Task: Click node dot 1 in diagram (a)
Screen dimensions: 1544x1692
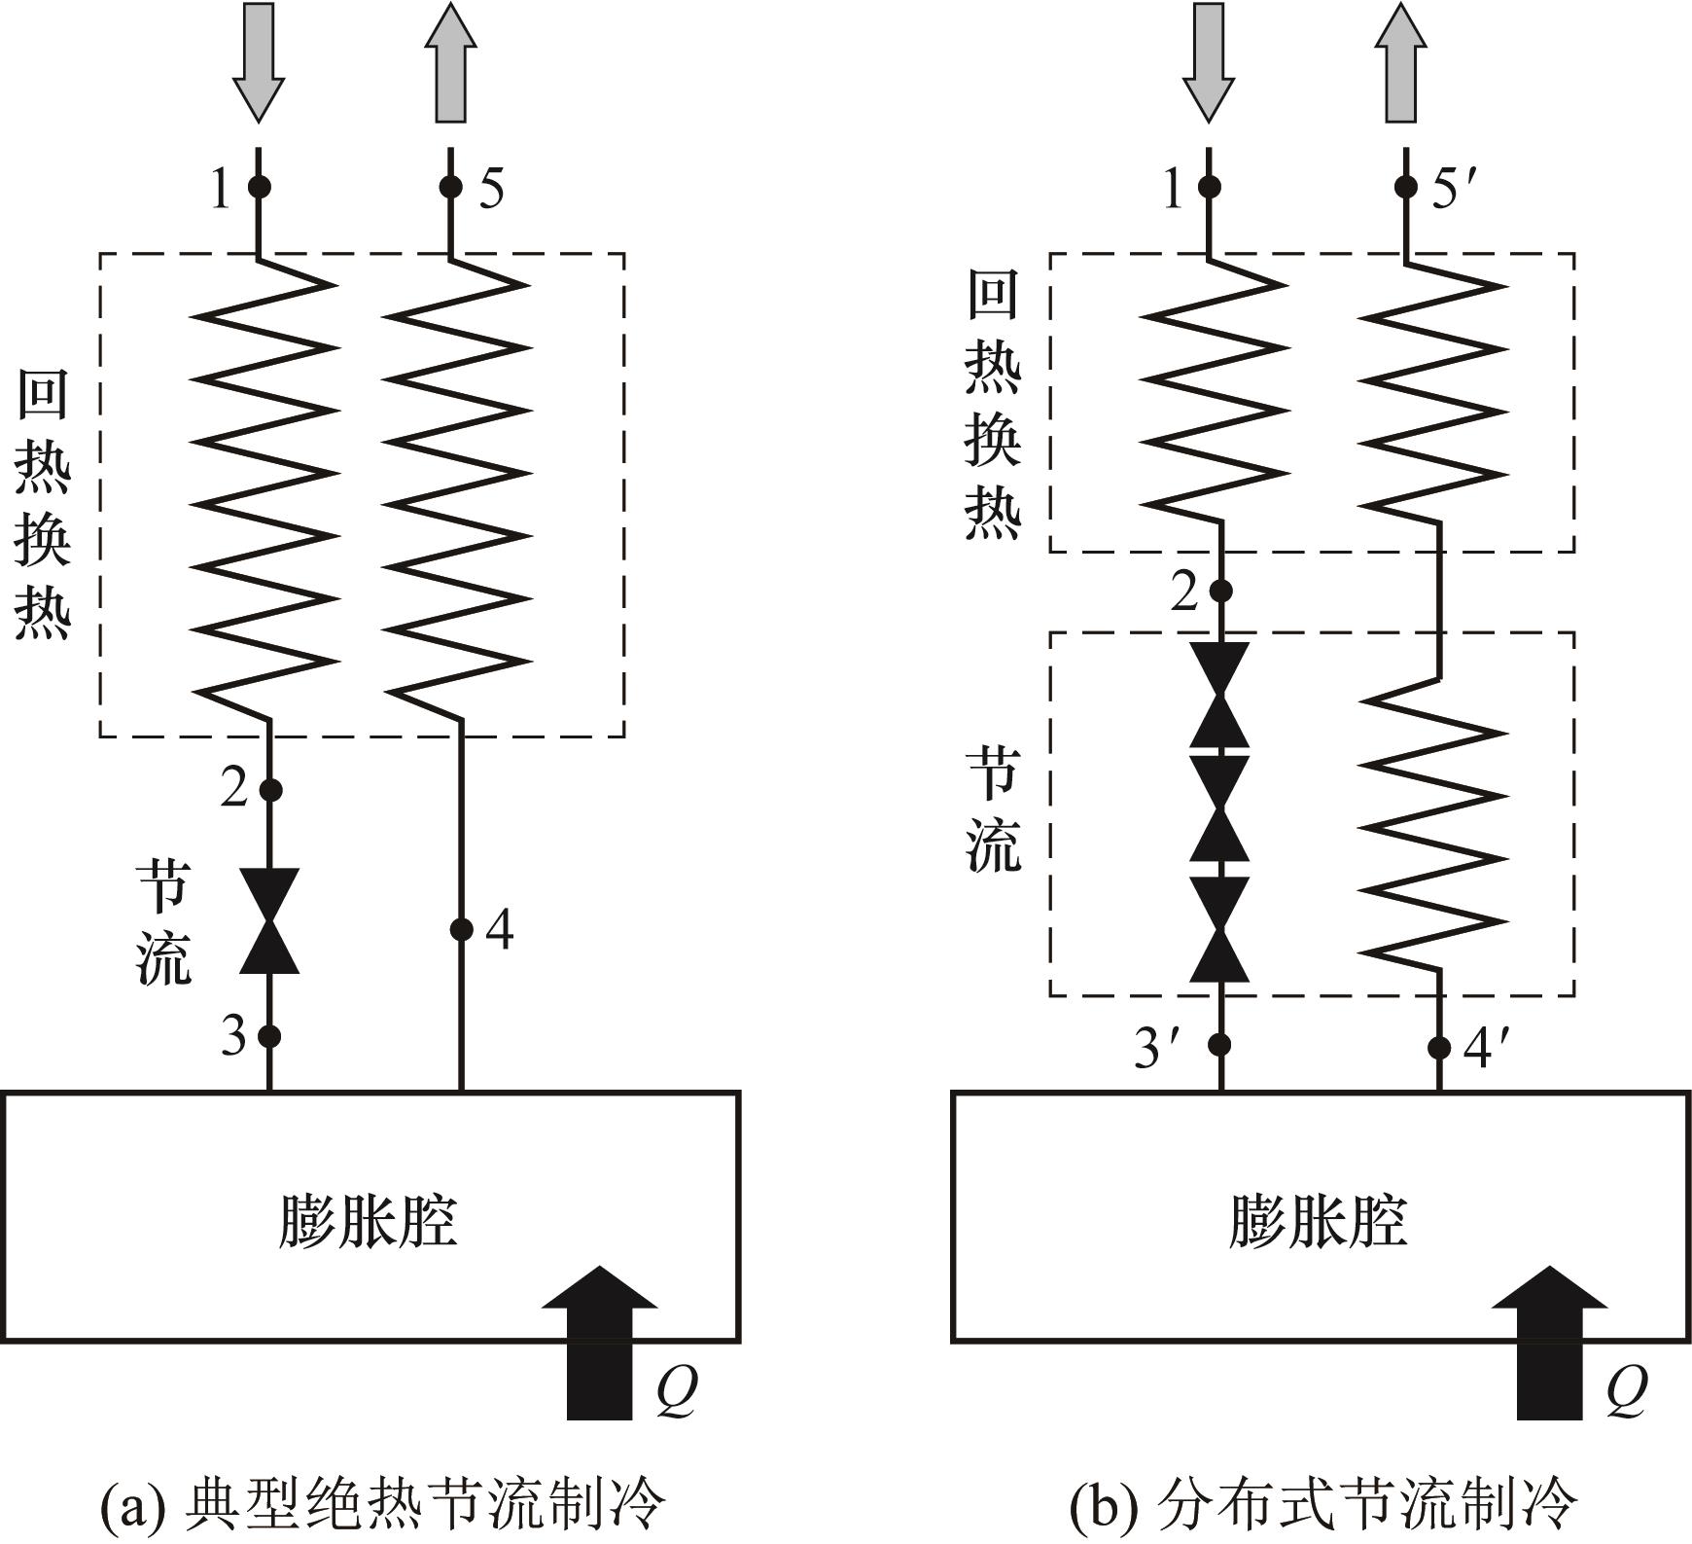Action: click(x=259, y=186)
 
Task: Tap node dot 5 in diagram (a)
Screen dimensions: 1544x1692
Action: click(x=450, y=186)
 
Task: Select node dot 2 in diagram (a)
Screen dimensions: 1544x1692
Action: click(x=270, y=789)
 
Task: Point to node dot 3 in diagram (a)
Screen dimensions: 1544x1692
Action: click(x=269, y=1036)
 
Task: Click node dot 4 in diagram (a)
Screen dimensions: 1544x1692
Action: click(x=462, y=929)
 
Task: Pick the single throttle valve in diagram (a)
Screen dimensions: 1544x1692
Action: click(x=269, y=921)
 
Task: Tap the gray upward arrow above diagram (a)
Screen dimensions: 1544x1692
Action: click(x=450, y=64)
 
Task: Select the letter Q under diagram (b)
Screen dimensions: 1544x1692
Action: click(x=1627, y=1391)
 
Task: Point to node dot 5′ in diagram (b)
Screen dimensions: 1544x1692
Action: click(x=1405, y=186)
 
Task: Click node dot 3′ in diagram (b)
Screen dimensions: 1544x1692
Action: click(x=1220, y=1045)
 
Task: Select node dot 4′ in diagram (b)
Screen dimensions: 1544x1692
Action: click(x=1439, y=1047)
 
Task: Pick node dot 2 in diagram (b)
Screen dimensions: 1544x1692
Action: click(x=1221, y=591)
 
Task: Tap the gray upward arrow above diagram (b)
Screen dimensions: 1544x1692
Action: click(x=1401, y=64)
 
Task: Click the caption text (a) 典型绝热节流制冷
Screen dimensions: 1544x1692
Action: click(x=382, y=1503)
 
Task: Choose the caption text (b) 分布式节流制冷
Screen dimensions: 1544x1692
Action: click(x=1322, y=1503)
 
